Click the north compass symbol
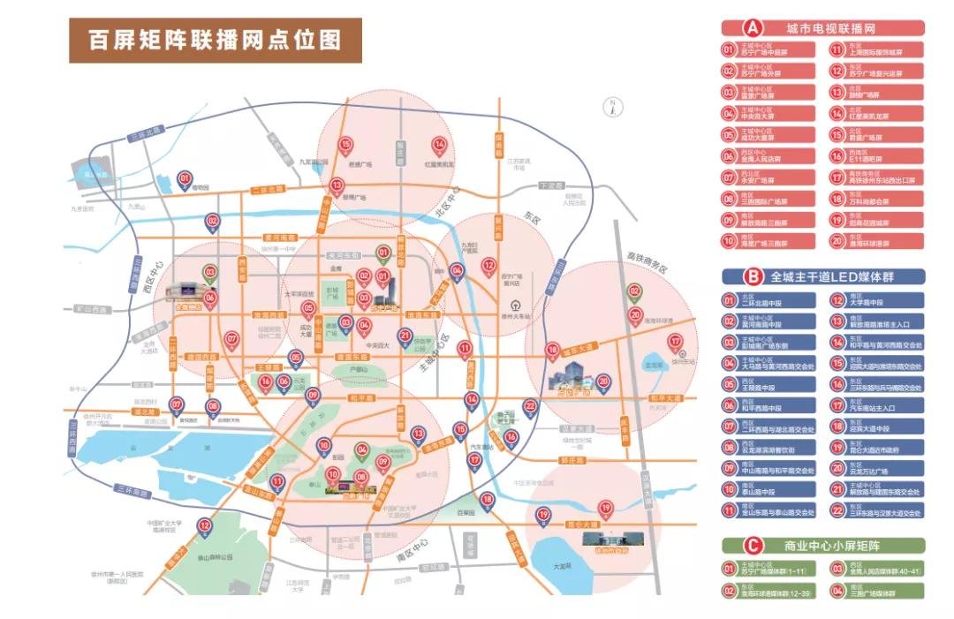coord(609,107)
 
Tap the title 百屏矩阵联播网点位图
coord(215,41)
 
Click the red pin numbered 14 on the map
coord(438,146)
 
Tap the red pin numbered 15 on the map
coord(346,145)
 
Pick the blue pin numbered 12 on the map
coord(205,526)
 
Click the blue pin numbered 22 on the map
coord(530,406)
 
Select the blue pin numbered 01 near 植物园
coord(185,179)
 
